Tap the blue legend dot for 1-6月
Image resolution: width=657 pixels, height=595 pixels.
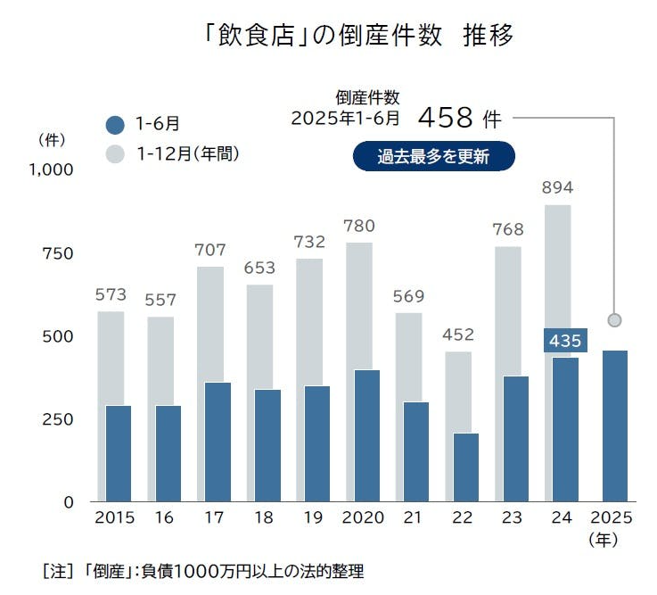click(114, 125)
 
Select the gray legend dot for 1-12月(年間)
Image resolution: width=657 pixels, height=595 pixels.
click(114, 153)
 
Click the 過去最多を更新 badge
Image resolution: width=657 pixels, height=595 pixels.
click(433, 156)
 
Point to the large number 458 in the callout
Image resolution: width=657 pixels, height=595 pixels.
click(445, 117)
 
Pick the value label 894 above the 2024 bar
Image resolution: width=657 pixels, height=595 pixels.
click(558, 188)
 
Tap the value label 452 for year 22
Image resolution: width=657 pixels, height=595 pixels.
click(459, 335)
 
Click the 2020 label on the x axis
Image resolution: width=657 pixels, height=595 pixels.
click(362, 518)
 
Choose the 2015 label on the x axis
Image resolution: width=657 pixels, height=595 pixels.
click(113, 518)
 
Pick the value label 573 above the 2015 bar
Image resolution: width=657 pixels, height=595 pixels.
click(111, 294)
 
